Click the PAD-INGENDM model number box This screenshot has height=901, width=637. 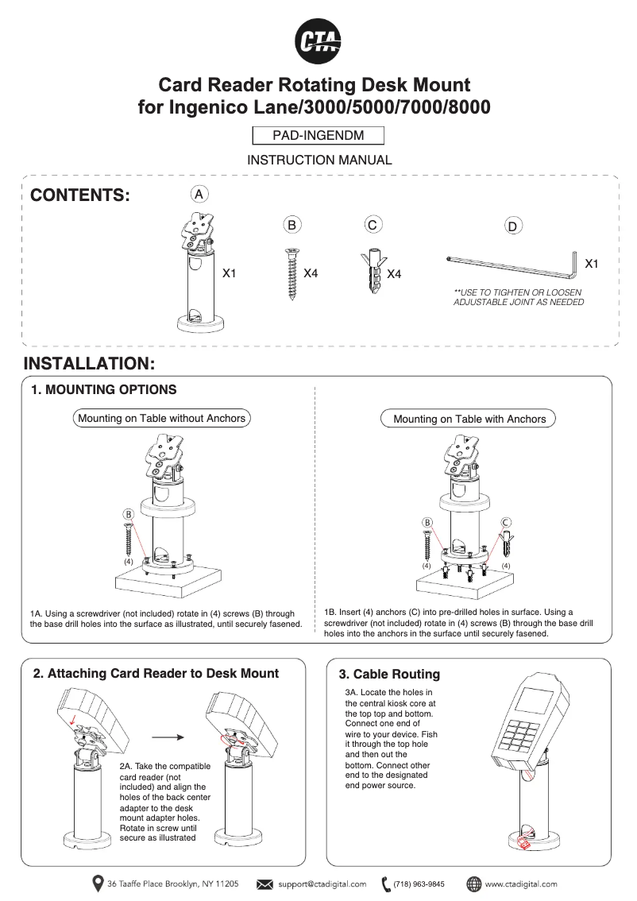(x=318, y=136)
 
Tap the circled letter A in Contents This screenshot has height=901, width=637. (x=200, y=194)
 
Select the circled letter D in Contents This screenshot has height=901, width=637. (x=513, y=227)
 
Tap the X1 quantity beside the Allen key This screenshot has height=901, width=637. (x=591, y=262)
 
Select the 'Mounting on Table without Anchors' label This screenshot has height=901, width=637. (x=161, y=418)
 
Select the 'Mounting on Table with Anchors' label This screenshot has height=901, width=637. (x=469, y=419)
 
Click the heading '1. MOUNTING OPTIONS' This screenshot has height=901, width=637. (x=103, y=390)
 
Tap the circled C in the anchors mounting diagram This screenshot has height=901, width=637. (x=506, y=522)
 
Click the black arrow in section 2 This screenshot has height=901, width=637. (x=168, y=737)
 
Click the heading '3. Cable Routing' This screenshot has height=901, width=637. (x=389, y=675)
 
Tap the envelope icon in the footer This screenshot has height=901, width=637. (x=265, y=884)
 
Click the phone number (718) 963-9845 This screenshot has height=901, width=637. (x=419, y=884)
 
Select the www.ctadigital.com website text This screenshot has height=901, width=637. (x=521, y=884)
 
